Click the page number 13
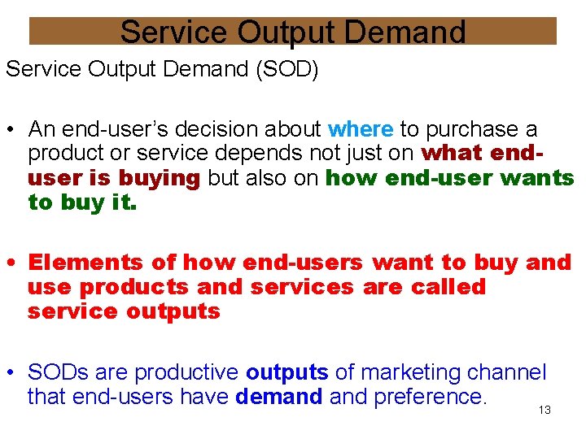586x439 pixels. click(544, 411)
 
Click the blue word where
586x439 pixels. click(361, 130)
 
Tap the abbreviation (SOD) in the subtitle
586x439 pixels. click(286, 69)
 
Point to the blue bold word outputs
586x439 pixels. click(287, 373)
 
